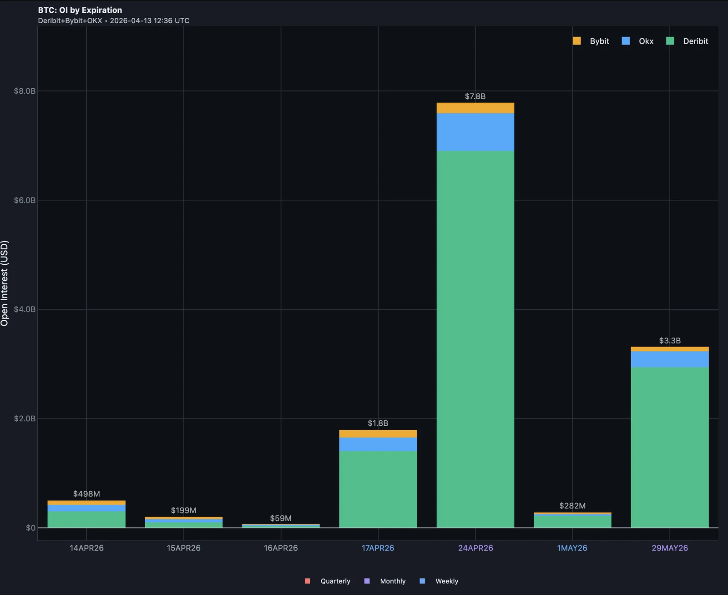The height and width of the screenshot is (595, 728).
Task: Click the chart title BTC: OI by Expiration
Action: [x=80, y=10]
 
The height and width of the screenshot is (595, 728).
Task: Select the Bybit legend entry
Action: [x=591, y=41]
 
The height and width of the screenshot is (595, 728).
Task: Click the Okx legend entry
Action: [x=638, y=41]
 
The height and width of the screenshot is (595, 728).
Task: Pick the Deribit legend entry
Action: [x=688, y=41]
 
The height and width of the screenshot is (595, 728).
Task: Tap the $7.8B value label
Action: [x=475, y=96]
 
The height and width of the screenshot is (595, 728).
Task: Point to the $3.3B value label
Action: [x=670, y=341]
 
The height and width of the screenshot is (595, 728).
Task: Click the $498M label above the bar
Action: [x=86, y=494]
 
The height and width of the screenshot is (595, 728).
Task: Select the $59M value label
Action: [x=281, y=519]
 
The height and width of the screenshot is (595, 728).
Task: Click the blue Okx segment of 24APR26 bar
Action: [x=475, y=132]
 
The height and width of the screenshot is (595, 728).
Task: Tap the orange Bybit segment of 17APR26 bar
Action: [x=378, y=434]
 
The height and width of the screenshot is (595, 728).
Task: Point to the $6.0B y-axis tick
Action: [x=25, y=200]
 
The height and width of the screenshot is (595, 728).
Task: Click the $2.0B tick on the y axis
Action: [x=25, y=419]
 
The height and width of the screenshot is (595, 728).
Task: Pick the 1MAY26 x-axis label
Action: [x=572, y=548]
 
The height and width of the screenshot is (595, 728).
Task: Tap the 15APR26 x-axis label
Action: [x=183, y=548]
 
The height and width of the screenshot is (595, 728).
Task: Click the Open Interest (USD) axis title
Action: [x=5, y=283]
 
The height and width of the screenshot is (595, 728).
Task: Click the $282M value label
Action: [x=572, y=506]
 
